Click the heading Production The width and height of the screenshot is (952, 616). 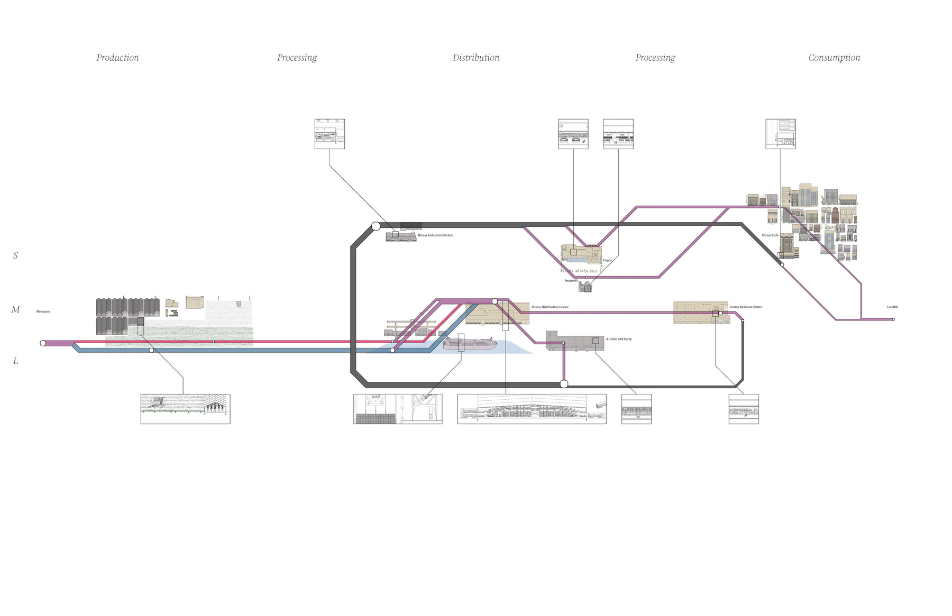pyautogui.click(x=117, y=58)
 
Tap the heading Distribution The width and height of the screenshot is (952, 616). pyautogui.click(x=475, y=58)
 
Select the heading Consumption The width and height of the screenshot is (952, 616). pyautogui.click(x=834, y=58)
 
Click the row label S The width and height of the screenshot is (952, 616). pyautogui.click(x=15, y=256)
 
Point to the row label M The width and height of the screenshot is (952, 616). pyautogui.click(x=15, y=310)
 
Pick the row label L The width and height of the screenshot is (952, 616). pyautogui.click(x=15, y=361)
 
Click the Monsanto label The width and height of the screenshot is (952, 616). pyautogui.click(x=43, y=311)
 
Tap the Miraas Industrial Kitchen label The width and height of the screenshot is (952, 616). pyautogui.click(x=435, y=235)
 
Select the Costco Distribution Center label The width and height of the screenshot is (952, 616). pyautogui.click(x=550, y=307)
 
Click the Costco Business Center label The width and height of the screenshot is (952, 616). pyautogui.click(x=746, y=307)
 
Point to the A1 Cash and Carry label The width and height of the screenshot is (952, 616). pyautogui.click(x=619, y=339)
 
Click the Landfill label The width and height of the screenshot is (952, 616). pyautogui.click(x=892, y=307)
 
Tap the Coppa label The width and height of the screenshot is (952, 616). pyautogui.click(x=607, y=260)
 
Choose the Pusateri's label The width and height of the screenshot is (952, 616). pyautogui.click(x=571, y=281)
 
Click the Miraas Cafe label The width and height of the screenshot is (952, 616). pyautogui.click(x=770, y=235)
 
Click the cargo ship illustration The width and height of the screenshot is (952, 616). pyautogui.click(x=470, y=344)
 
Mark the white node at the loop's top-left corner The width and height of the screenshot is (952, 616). pyautogui.click(x=376, y=226)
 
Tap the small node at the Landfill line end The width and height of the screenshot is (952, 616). pyautogui.click(x=893, y=319)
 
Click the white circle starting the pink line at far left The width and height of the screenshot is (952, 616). pyautogui.click(x=43, y=343)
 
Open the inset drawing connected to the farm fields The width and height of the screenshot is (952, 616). pyautogui.click(x=185, y=409)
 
